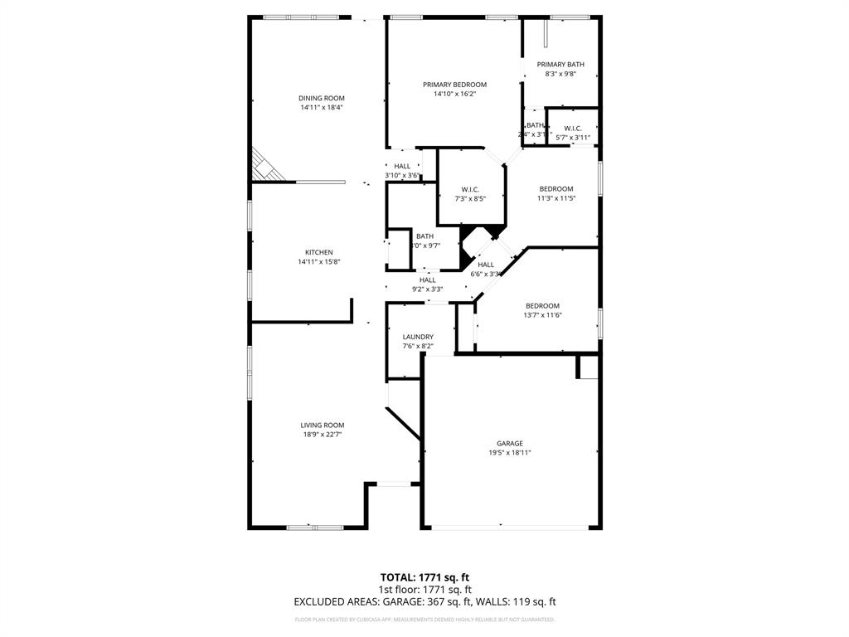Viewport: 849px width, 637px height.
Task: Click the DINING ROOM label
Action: (x=322, y=99)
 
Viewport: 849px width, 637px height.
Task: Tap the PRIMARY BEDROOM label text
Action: (x=454, y=85)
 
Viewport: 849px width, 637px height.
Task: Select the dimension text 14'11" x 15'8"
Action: (x=319, y=262)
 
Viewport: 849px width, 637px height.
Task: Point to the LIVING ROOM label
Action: (x=323, y=425)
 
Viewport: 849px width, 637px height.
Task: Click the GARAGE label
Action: (x=510, y=444)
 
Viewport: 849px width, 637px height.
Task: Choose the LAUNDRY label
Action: (x=418, y=337)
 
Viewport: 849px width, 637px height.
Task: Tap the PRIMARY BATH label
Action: (x=560, y=65)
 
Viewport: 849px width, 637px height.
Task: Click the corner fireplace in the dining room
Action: (x=265, y=166)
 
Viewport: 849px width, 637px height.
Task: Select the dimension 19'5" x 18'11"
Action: (x=510, y=453)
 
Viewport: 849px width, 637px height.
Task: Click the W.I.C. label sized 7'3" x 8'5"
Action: (x=470, y=190)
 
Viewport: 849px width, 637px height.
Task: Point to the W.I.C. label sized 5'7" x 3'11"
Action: (x=572, y=129)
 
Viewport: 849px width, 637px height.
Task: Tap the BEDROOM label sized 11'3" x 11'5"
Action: (x=555, y=189)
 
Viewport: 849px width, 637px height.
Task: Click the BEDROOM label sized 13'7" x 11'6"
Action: (x=542, y=306)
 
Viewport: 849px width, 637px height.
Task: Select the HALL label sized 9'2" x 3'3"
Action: (x=428, y=280)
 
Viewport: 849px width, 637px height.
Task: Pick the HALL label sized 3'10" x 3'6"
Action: (x=402, y=167)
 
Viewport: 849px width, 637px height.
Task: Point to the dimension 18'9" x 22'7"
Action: (x=323, y=435)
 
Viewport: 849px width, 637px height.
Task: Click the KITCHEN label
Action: (x=319, y=253)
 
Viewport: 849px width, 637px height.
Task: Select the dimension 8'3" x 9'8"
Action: (x=560, y=74)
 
